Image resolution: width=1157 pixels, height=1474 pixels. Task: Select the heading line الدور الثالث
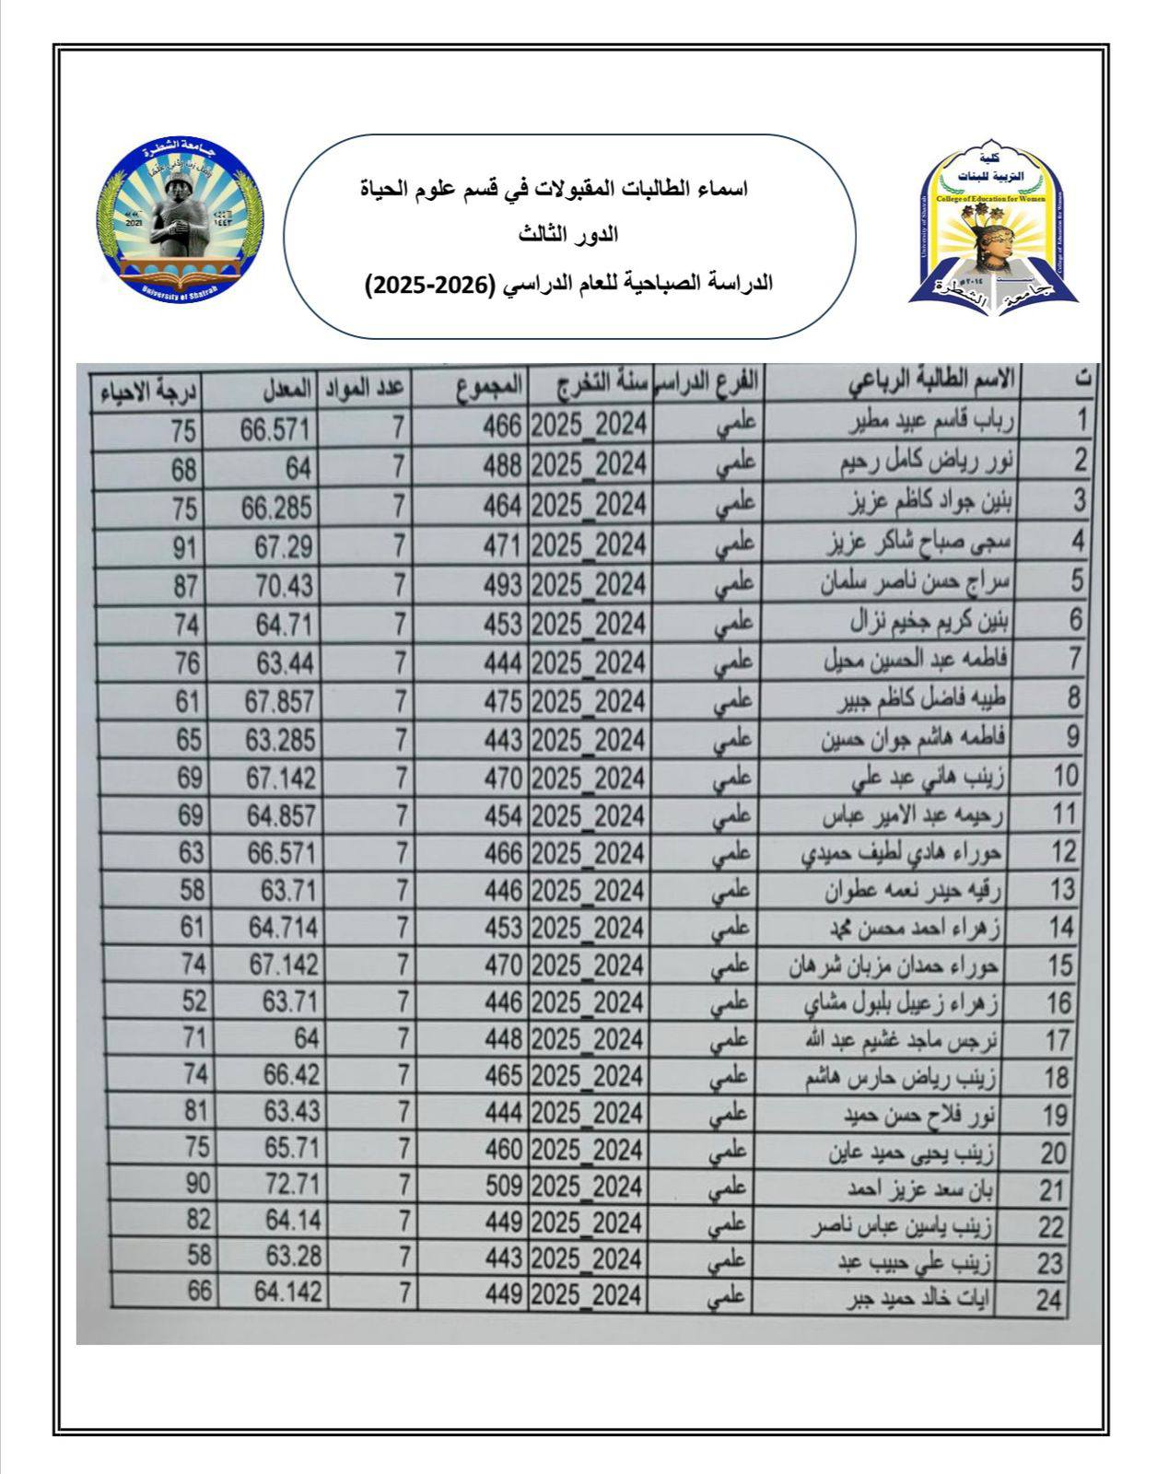567,235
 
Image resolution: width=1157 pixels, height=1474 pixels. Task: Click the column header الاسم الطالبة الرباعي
930,380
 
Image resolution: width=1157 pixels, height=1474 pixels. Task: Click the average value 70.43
284,586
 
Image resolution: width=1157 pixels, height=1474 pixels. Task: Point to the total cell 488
503,468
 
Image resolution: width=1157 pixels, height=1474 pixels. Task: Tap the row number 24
1049,1301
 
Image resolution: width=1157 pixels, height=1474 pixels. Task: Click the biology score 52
194,1000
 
